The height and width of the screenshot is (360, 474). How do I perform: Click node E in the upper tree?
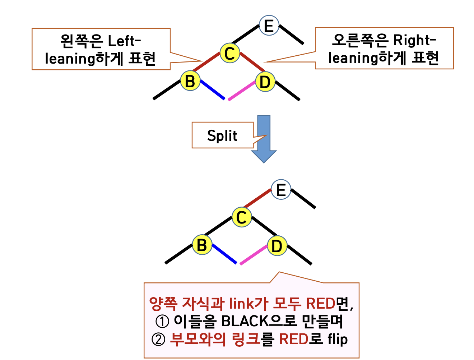pos(269,25)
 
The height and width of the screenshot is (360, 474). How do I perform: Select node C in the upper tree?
pos(229,53)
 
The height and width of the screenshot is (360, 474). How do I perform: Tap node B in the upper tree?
pos(190,81)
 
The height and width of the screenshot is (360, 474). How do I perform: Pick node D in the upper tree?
pos(265,82)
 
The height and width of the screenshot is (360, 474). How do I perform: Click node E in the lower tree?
pos(281,189)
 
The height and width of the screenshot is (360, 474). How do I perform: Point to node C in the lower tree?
pos(242,217)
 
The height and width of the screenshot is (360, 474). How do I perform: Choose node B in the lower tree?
pos(202,245)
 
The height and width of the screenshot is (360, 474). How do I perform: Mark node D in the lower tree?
pos(277,246)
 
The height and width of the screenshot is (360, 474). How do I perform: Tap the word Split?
pos(222,136)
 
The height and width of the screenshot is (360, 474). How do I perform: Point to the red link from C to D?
pos(252,62)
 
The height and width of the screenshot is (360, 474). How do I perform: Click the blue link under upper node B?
pos(213,90)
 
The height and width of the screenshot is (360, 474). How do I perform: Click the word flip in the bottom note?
pos(338,339)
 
